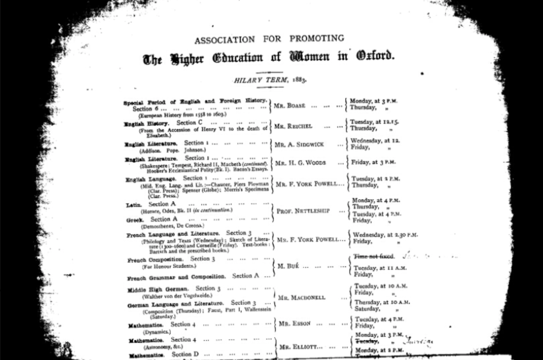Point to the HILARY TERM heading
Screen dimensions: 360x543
tap(270, 80)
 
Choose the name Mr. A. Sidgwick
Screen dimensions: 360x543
tap(299, 145)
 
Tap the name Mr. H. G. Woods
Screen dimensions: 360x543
tap(300, 163)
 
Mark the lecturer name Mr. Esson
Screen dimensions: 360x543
tap(295, 324)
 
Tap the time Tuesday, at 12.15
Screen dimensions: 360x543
tap(375, 122)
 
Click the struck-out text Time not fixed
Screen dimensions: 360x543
tap(374, 256)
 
